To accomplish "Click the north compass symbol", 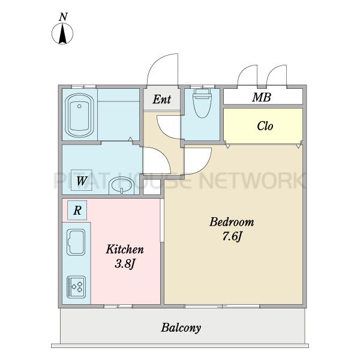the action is (x=62, y=34).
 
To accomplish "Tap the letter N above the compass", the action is (x=63, y=17).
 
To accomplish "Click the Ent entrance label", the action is (x=162, y=100).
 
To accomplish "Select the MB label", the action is (x=262, y=97).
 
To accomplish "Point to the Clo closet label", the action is (x=265, y=126).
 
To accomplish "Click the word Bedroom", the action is (x=232, y=222).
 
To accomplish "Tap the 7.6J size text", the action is (x=232, y=236).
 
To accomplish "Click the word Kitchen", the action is (x=125, y=250).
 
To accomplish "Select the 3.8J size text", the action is (x=124, y=263).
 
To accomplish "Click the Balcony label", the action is (x=181, y=328).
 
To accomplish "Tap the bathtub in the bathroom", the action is (x=79, y=115).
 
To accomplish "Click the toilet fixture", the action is (x=202, y=103).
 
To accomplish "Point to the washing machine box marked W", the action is (x=82, y=180).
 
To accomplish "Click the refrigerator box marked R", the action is (x=77, y=211).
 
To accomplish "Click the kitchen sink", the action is (x=76, y=242).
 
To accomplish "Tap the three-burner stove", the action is (x=76, y=287).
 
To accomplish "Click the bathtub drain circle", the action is (x=79, y=106).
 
